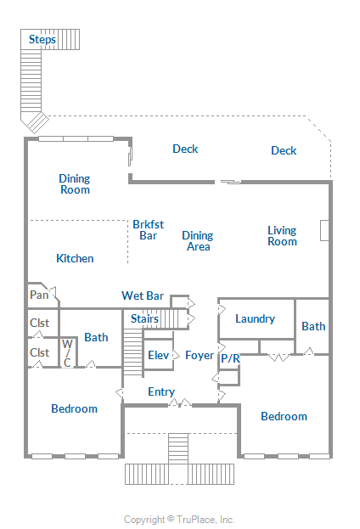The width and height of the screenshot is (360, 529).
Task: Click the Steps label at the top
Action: tap(42, 39)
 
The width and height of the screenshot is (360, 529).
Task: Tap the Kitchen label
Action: tap(75, 258)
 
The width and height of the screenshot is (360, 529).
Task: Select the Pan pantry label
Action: tap(39, 295)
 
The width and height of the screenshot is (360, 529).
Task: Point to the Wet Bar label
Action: tap(143, 295)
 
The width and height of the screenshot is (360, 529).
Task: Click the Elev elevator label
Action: tap(158, 355)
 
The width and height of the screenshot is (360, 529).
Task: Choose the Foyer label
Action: tap(200, 355)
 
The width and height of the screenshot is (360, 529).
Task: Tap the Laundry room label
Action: tap(255, 318)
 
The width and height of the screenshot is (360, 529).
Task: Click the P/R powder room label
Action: tap(230, 358)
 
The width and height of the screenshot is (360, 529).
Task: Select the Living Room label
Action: tap(282, 236)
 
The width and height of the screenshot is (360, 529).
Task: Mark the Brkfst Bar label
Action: tap(148, 230)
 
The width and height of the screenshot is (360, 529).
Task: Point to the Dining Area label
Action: tap(198, 241)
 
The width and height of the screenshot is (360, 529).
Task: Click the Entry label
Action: tap(161, 391)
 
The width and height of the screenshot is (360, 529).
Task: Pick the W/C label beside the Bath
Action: tap(67, 353)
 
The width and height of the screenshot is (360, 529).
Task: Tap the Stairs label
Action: tap(144, 318)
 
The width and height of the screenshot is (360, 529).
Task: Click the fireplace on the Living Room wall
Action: tap(324, 230)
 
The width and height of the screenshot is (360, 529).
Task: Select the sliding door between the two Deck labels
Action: tap(231, 182)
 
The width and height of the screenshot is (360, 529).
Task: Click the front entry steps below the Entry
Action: tap(178, 448)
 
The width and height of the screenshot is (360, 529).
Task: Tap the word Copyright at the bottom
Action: tap(144, 520)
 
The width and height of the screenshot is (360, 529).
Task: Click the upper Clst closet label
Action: tap(39, 323)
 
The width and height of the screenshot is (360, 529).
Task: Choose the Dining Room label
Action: tap(75, 184)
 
